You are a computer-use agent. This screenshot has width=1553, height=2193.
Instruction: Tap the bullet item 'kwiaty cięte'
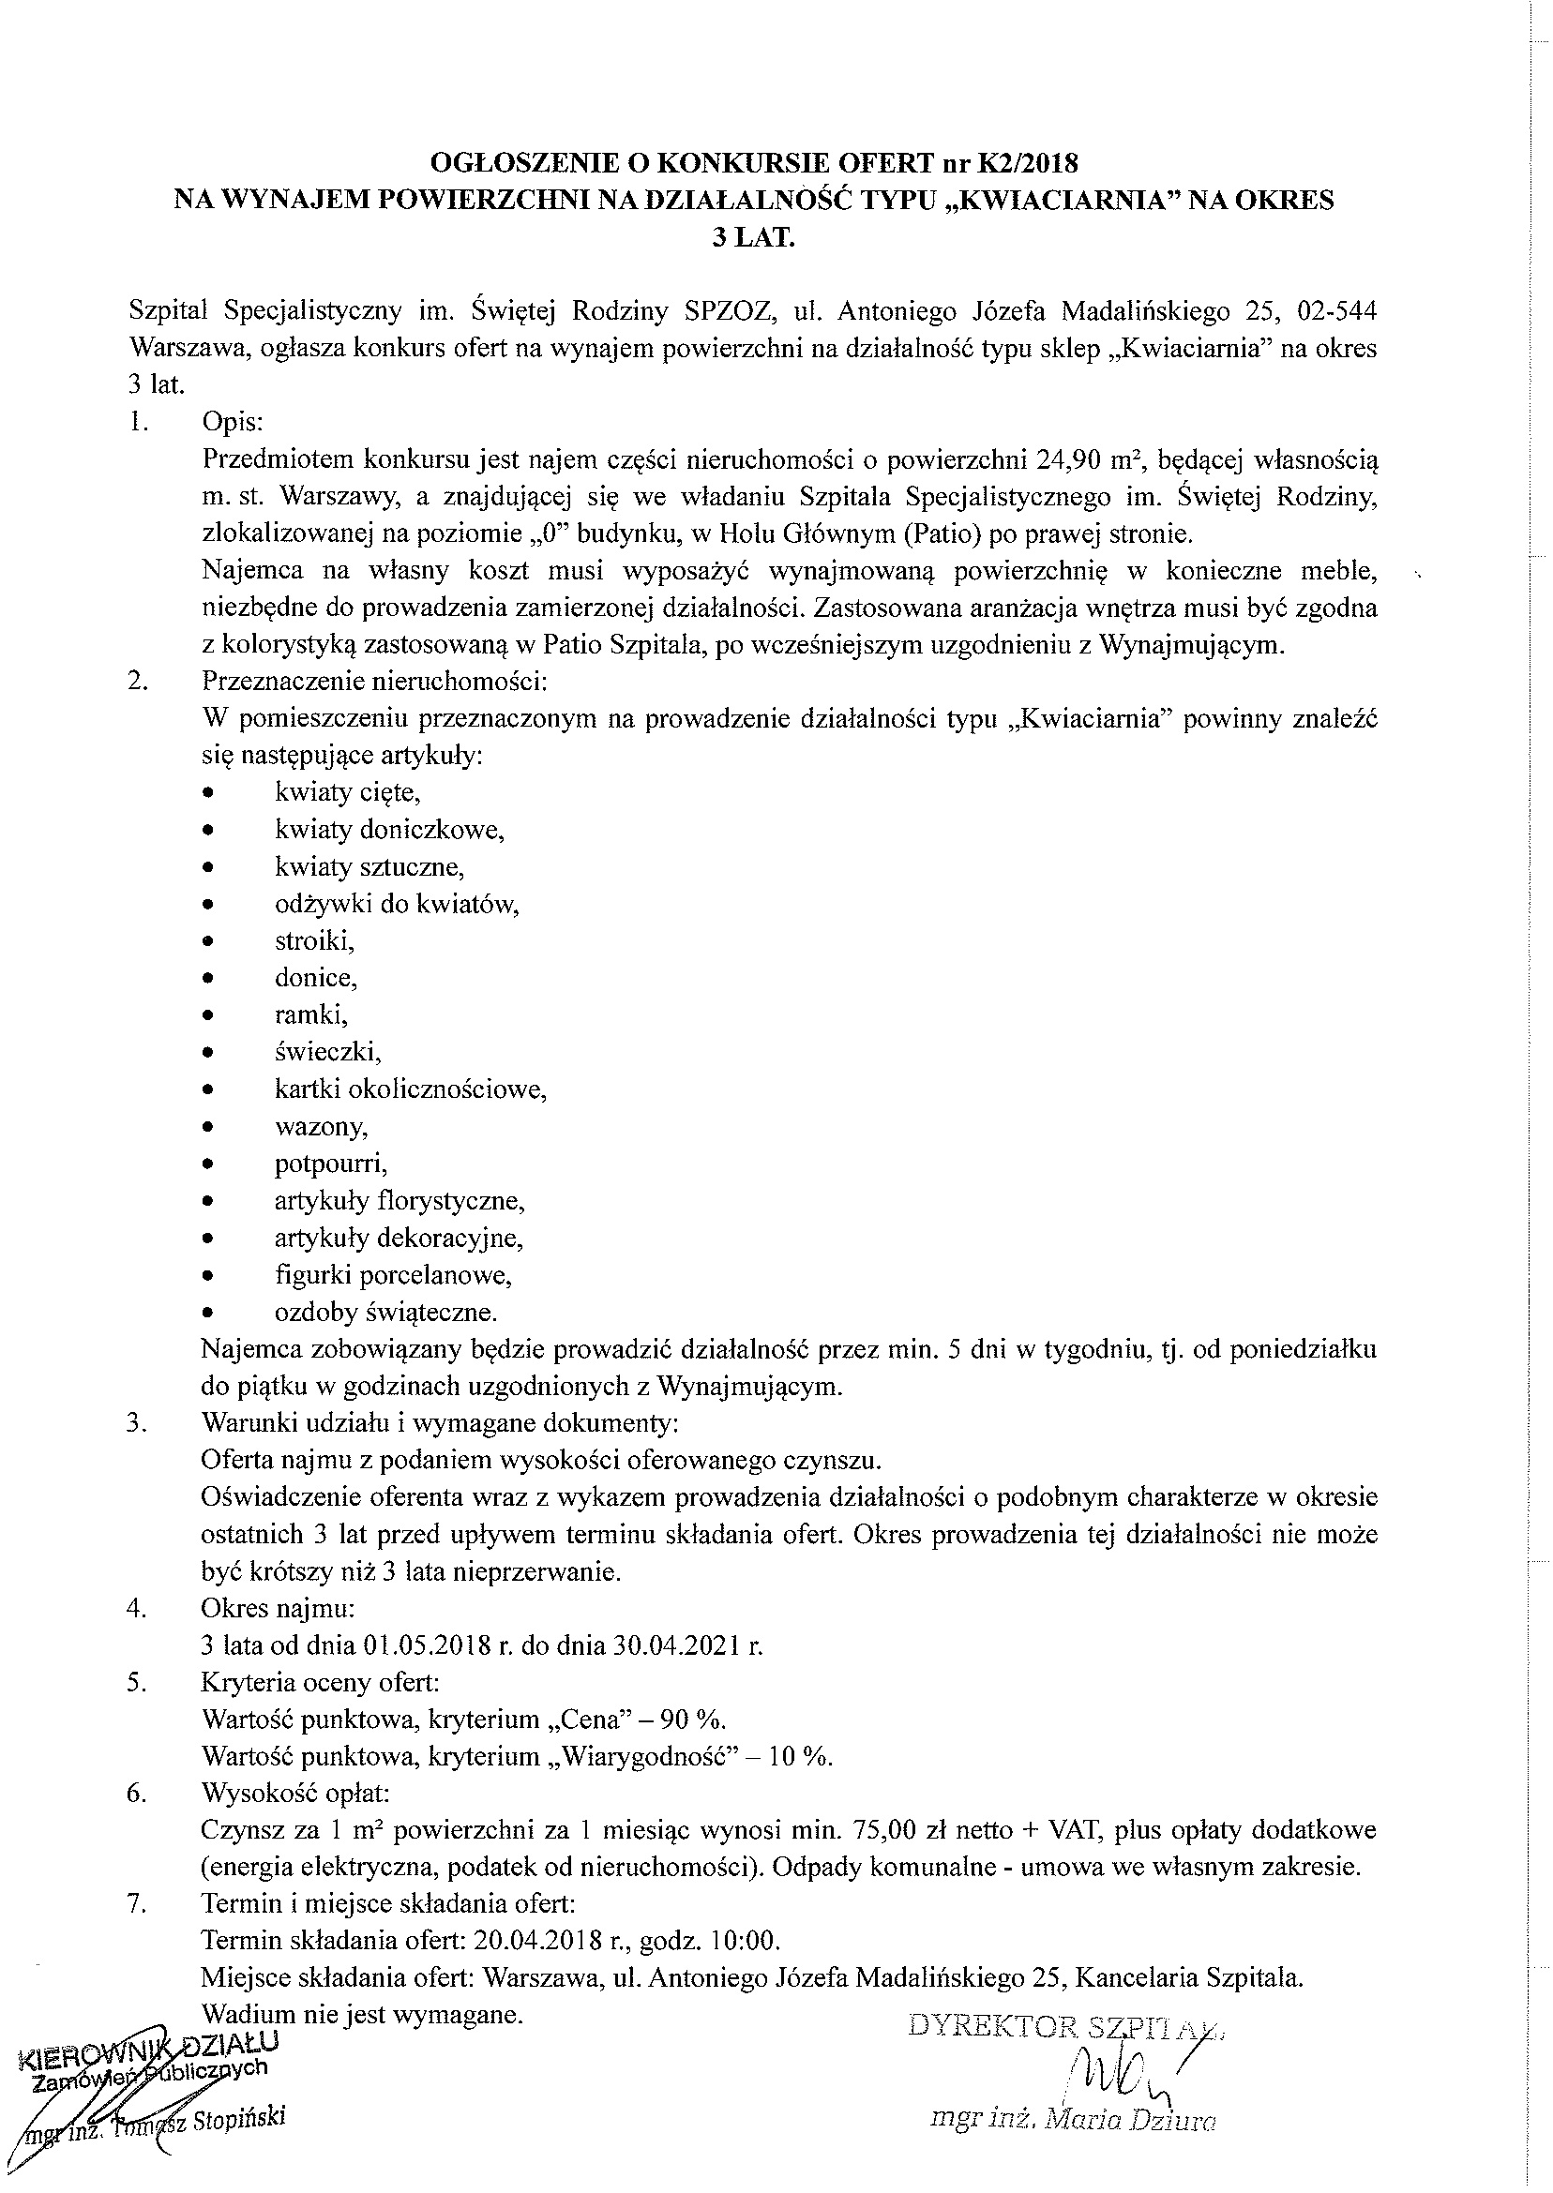(x=347, y=791)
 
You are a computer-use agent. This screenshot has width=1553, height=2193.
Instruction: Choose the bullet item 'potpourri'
(x=330, y=1164)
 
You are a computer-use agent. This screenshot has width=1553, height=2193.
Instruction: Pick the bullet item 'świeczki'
(x=327, y=1052)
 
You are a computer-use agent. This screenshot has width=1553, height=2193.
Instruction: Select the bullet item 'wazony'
(x=321, y=1126)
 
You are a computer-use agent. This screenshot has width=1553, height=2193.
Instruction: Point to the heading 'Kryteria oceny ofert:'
(x=321, y=1683)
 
